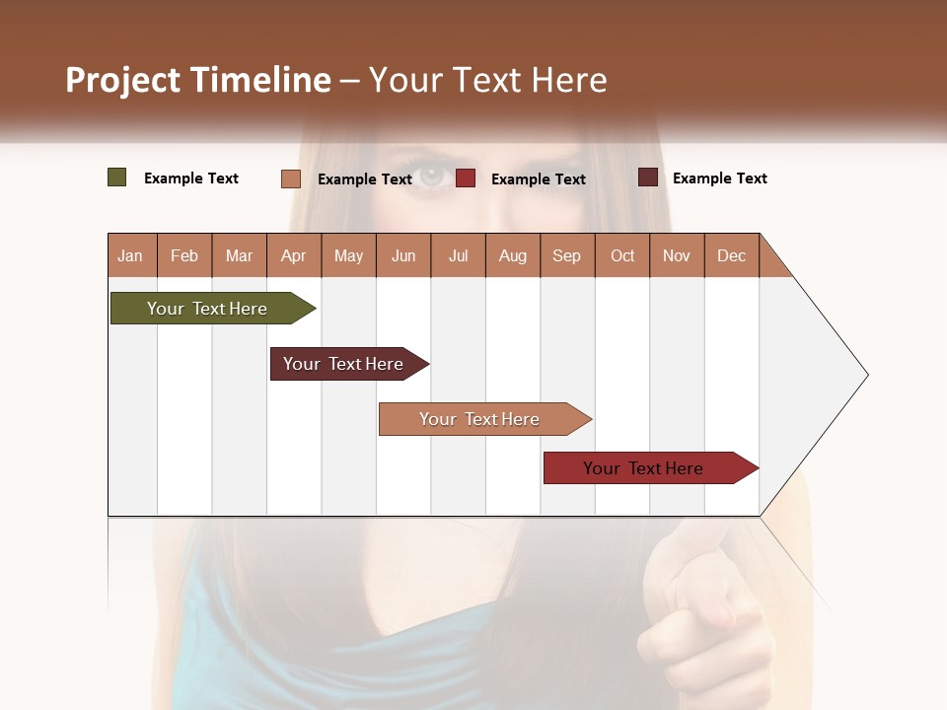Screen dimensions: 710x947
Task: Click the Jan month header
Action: coord(130,255)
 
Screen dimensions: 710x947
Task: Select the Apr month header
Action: coord(293,255)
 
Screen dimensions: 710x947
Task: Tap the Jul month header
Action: coord(458,255)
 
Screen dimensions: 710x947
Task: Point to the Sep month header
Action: coord(566,255)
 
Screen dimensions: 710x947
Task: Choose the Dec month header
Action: coord(731,255)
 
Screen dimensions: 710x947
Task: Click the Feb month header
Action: coord(184,255)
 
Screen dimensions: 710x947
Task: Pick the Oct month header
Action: coord(622,255)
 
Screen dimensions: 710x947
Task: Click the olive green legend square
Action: coord(117,177)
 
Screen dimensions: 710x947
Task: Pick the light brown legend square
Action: coord(291,178)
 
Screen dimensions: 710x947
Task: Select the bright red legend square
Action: coord(466,178)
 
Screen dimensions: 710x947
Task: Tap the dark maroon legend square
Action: coord(648,177)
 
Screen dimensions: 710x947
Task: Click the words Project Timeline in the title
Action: coord(198,80)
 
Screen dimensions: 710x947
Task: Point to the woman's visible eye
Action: coord(432,177)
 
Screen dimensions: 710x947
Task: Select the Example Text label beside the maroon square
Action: coord(719,178)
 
